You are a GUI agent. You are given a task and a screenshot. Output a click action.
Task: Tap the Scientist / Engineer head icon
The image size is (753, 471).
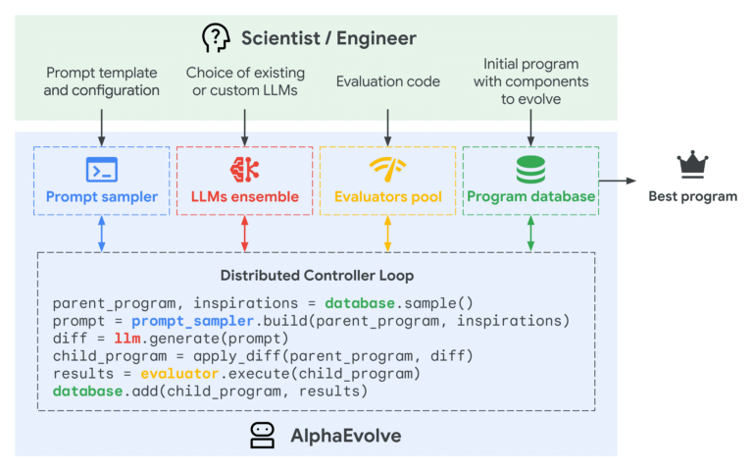coord(216,38)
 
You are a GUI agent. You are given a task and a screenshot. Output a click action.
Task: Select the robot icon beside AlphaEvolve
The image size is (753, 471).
coord(262,436)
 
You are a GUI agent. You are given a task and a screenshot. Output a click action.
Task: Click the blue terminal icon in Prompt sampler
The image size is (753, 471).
coord(101,167)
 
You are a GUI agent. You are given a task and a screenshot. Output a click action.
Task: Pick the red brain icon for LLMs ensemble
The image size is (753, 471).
coord(244,167)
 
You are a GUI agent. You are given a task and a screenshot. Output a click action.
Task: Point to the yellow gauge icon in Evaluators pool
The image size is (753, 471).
coord(387,167)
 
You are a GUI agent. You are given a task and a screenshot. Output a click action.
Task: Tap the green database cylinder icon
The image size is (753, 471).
coord(530,167)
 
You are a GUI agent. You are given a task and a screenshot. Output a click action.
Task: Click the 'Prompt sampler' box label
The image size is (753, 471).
coord(102,196)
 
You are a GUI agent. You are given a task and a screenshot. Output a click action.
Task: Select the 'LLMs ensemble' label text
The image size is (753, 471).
coord(245,196)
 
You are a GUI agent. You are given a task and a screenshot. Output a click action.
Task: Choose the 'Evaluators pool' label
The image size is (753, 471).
coord(387,196)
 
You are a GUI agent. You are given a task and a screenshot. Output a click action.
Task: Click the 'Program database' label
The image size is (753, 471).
coord(530,196)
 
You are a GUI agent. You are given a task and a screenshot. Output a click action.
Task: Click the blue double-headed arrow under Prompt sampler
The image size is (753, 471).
coord(102,234)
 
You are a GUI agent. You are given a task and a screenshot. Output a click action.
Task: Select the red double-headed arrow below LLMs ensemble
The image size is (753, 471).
coord(245,234)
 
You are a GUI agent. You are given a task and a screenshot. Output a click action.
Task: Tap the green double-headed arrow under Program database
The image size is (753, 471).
coord(530,234)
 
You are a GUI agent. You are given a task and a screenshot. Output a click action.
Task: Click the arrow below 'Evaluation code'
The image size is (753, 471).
coord(388,123)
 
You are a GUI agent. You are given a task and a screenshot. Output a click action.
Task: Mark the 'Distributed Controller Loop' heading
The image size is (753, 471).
coord(316,276)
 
